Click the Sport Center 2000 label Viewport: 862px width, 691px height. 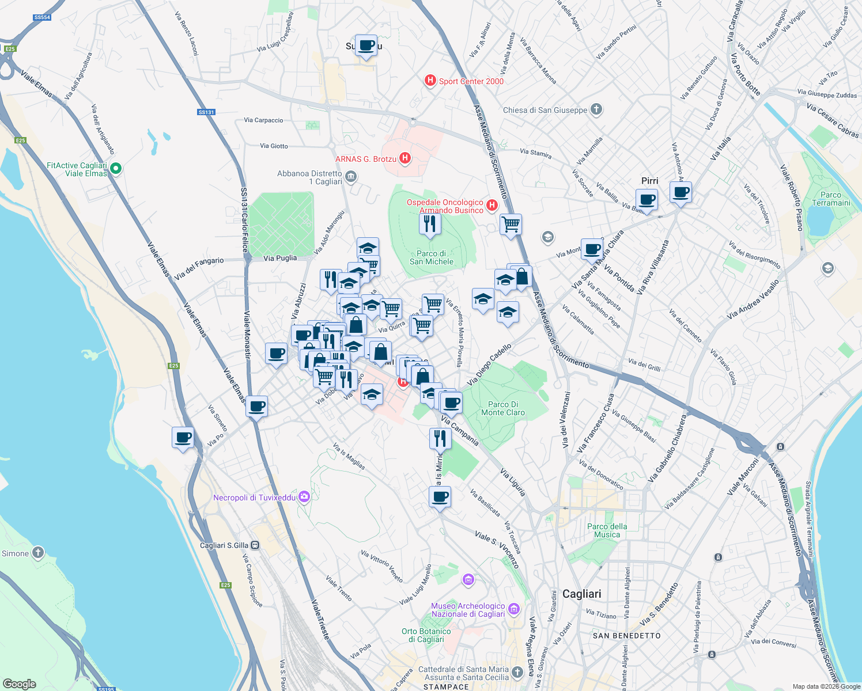point(471,81)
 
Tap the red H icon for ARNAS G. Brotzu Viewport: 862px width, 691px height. point(405,158)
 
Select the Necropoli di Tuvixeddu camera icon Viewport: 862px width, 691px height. point(304,497)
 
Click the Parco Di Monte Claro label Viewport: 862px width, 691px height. point(503,408)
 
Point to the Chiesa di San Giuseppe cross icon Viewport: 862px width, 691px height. point(596,109)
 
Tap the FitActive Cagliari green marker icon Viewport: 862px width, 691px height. point(116,169)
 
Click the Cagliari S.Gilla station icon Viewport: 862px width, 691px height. point(255,545)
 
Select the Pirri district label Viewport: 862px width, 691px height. point(649,181)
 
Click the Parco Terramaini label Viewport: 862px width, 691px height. point(831,199)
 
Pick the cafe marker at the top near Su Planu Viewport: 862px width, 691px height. point(366,45)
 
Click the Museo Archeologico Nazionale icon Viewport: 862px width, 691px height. point(514,609)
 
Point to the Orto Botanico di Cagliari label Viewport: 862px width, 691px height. point(426,635)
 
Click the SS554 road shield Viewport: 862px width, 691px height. point(42,17)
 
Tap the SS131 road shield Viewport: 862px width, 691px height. point(206,112)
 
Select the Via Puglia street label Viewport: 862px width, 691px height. point(280,258)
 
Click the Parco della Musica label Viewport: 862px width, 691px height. point(607,530)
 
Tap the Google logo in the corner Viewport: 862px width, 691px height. point(20,684)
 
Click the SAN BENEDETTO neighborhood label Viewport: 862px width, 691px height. point(627,636)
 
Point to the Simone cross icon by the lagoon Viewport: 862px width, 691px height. point(38,553)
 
